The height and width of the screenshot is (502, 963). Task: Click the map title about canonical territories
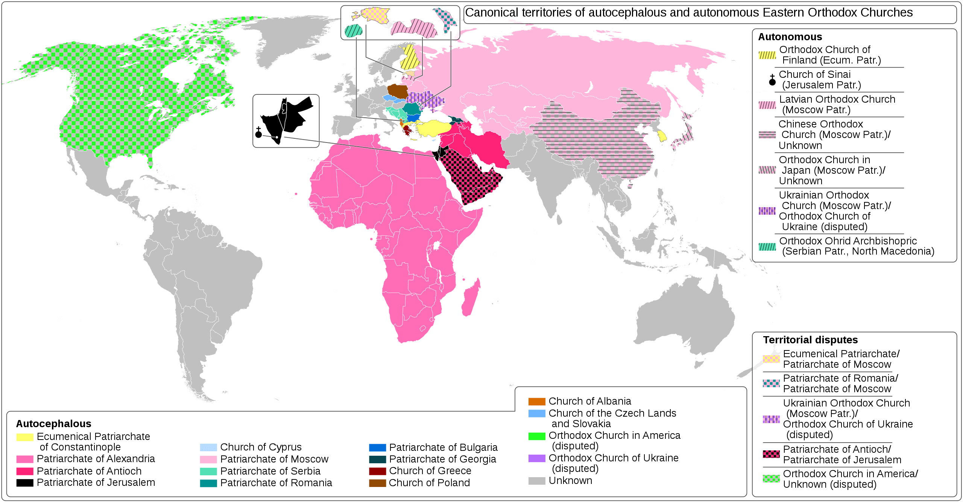pyautogui.click(x=688, y=13)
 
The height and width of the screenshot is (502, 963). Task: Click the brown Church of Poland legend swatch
pyautogui.click(x=377, y=483)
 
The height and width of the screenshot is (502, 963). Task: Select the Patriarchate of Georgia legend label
pyautogui.click(x=442, y=459)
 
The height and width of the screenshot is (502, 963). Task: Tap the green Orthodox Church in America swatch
pyautogui.click(x=536, y=436)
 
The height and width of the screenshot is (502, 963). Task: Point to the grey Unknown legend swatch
pyautogui.click(x=536, y=481)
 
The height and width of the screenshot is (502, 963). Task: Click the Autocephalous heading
pyautogui.click(x=53, y=424)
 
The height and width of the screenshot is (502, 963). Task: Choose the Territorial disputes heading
pyautogui.click(x=810, y=340)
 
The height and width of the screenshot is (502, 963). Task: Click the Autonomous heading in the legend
pyautogui.click(x=790, y=37)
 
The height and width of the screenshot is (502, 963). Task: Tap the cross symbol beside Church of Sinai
pyautogui.click(x=772, y=80)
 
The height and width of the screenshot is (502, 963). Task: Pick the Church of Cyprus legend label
pyautogui.click(x=261, y=447)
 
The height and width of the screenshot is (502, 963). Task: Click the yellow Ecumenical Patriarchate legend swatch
pyautogui.click(x=25, y=437)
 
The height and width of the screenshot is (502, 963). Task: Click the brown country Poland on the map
pyautogui.click(x=398, y=91)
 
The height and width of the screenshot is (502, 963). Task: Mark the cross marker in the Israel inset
pyautogui.click(x=258, y=133)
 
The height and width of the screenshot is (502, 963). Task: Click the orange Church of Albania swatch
pyautogui.click(x=536, y=402)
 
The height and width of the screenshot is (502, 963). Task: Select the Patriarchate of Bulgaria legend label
pyautogui.click(x=443, y=447)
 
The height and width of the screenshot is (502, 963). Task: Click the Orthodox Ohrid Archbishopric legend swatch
pyautogui.click(x=767, y=247)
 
